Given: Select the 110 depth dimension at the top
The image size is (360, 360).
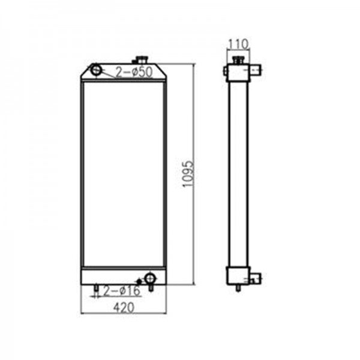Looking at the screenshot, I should click(x=238, y=44).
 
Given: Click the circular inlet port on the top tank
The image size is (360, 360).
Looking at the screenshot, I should click(x=97, y=71).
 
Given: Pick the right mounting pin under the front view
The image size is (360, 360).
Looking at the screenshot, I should click(x=151, y=288).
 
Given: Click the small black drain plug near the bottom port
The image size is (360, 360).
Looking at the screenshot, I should click(x=139, y=281).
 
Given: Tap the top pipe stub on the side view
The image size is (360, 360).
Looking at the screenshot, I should click(x=255, y=71).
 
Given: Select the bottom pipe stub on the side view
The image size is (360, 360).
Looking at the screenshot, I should click(x=256, y=278).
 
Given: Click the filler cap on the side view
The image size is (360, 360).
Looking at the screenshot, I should click(x=238, y=59).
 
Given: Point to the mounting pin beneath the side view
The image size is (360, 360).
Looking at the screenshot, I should click(x=239, y=288).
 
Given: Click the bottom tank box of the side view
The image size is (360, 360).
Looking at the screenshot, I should click(x=238, y=276).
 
